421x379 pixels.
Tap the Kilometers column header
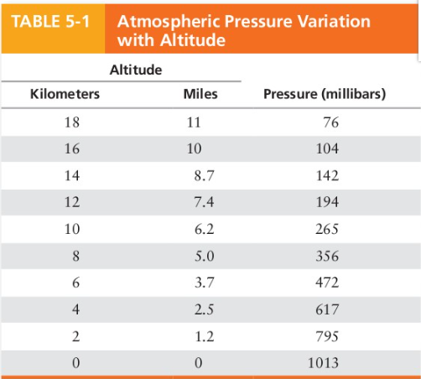[65, 95]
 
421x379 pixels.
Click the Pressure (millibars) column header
[325, 95]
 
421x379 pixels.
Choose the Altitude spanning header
[135, 70]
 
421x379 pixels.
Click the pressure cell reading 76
[330, 122]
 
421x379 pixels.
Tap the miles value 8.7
[203, 176]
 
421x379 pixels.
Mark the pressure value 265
[327, 230]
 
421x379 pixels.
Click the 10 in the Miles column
[195, 149]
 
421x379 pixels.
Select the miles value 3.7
[203, 283]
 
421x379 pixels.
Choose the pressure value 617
[327, 310]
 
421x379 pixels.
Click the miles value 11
[195, 122]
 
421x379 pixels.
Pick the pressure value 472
[327, 283]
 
